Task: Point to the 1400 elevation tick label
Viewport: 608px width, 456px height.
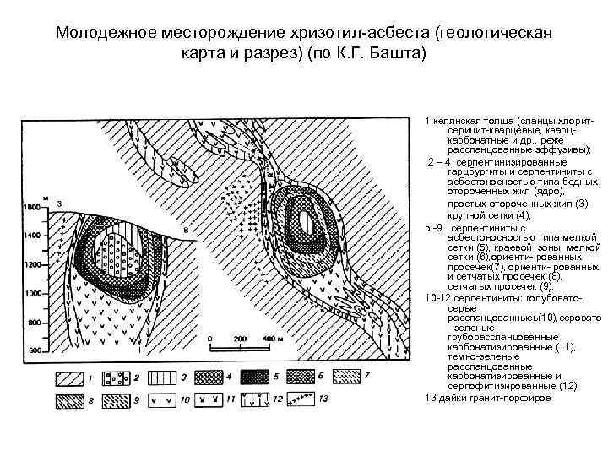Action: click(x=35, y=236)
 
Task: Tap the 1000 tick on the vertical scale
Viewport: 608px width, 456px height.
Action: click(x=35, y=294)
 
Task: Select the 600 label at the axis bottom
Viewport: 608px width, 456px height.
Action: click(x=35, y=350)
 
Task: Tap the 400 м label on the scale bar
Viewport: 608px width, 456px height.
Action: click(x=272, y=338)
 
